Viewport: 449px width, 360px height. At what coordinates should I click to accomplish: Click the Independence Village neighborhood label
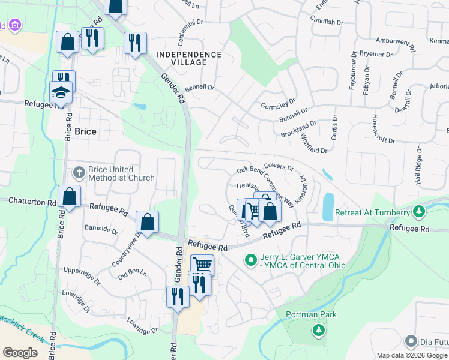coord(188,59)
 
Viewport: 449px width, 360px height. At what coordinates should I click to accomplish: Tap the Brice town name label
coord(86,131)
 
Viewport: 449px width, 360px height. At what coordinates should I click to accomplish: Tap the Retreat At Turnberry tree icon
coord(420,212)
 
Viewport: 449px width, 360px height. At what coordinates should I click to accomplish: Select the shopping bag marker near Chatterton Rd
coord(70,196)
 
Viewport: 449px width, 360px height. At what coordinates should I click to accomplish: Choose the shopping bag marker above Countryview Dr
coord(147,222)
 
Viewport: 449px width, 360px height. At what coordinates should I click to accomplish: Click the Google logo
coord(20,353)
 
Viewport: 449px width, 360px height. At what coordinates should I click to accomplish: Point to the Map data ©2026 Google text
coord(412,355)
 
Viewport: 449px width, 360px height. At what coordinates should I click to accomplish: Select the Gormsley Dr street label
coord(279,104)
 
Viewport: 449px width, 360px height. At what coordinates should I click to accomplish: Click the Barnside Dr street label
coord(101,229)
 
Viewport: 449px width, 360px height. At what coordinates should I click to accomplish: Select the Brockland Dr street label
coord(298,129)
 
